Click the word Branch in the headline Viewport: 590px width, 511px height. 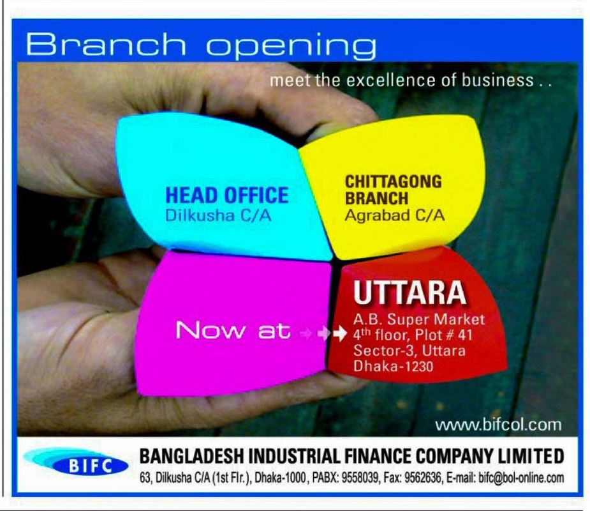pos(106,45)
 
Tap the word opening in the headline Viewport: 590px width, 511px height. pos(291,47)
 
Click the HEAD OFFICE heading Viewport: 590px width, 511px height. pos(227,195)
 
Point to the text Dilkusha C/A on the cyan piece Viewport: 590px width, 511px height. pos(218,215)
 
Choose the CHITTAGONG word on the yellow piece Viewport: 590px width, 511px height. pos(394,181)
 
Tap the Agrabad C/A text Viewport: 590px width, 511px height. pos(395,215)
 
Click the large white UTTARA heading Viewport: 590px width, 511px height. pos(409,293)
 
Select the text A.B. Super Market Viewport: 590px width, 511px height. pos(419,319)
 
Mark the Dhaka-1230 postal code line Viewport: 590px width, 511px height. pos(393,366)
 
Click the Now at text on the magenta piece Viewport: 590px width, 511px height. pos(233,330)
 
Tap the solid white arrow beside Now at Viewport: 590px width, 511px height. pos(340,333)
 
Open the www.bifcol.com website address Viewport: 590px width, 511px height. pos(499,425)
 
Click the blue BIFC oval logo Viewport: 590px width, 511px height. pos(91,466)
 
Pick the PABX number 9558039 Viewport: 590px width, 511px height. pos(360,478)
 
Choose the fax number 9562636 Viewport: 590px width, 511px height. pos(422,478)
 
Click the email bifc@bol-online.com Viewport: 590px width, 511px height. pos(521,478)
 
